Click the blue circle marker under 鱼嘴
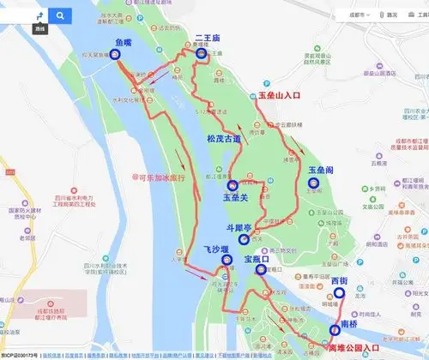pyautogui.click(x=116, y=53)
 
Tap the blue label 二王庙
pyautogui.click(x=209, y=38)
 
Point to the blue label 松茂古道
pyautogui.click(x=224, y=138)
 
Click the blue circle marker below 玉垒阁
pyautogui.click(x=313, y=182)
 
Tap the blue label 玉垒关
pyautogui.click(x=235, y=198)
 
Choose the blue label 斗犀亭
pyautogui.click(x=239, y=229)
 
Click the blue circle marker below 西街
pyautogui.click(x=340, y=292)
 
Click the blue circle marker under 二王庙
pyautogui.click(x=202, y=53)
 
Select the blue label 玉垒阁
pyautogui.click(x=319, y=170)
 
